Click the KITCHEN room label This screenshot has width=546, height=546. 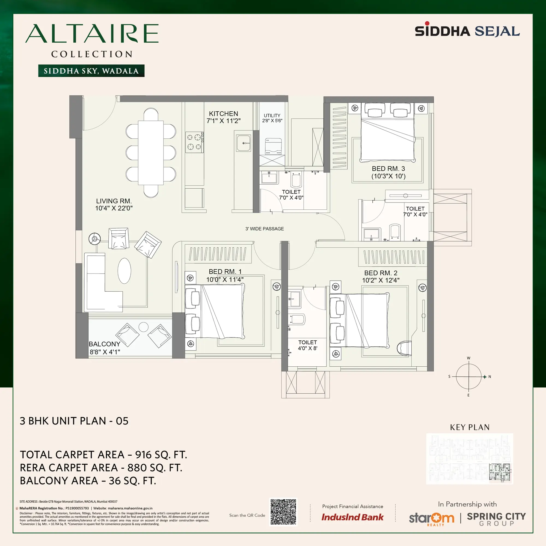(x=224, y=114)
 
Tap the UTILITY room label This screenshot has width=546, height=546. (x=272, y=115)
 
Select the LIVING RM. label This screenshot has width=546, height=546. (x=114, y=201)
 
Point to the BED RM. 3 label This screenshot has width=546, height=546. (x=388, y=169)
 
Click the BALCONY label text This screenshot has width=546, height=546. (x=105, y=344)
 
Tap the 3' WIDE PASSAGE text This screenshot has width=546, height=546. (x=265, y=229)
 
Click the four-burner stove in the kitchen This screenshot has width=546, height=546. (x=194, y=142)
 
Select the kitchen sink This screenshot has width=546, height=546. (x=244, y=143)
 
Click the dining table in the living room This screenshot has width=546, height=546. (x=151, y=153)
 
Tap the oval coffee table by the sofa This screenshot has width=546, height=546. (x=124, y=271)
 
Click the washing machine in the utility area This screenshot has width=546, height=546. (x=273, y=147)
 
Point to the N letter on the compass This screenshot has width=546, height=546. (x=490, y=377)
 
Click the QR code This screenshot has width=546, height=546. (x=283, y=512)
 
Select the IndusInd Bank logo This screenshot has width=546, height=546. (x=352, y=517)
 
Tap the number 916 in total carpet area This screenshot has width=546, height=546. (x=143, y=455)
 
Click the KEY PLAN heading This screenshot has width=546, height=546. (x=470, y=427)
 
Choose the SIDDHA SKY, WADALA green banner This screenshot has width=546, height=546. (x=91, y=71)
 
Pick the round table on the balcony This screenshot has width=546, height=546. (x=144, y=327)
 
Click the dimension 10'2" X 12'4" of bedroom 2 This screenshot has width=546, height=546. (x=381, y=280)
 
